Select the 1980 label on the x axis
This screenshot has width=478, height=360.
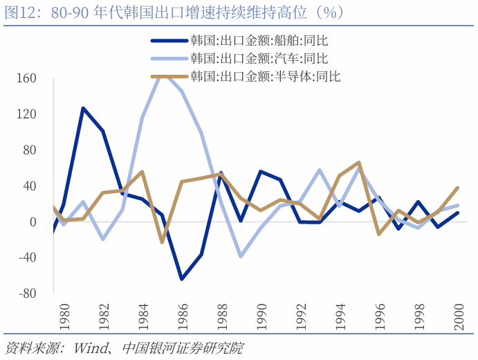(63, 314)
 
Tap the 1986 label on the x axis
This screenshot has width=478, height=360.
(182, 314)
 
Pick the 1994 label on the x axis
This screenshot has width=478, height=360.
(340, 314)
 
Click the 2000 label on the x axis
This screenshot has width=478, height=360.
(458, 314)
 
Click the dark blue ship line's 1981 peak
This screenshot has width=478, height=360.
(83, 108)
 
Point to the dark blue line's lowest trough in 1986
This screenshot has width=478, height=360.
(182, 279)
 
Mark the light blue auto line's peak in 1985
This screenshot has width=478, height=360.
(162, 73)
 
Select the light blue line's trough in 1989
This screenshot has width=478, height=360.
(241, 256)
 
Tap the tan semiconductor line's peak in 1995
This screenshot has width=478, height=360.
(359, 163)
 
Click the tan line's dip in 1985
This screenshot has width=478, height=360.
(162, 242)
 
